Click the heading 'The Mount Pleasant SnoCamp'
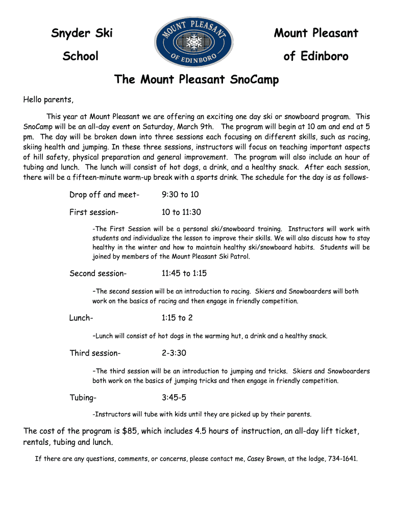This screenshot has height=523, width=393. coord(196,80)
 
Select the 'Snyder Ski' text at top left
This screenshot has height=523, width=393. coord(82,34)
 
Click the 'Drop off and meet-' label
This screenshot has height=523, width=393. coord(104,195)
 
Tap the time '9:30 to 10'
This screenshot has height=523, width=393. coord(180,195)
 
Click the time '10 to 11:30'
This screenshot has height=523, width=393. coord(181,212)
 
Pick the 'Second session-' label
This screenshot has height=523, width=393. coord(97,273)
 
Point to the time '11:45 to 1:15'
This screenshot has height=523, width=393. coord(184,273)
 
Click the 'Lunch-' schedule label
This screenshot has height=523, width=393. coord(81,318)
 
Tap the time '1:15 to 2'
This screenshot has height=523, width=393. coord(177,318)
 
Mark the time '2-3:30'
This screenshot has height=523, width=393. coord(174,353)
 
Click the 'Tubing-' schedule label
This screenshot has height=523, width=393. coord(83,397)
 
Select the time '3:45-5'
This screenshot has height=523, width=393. coord(174,397)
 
